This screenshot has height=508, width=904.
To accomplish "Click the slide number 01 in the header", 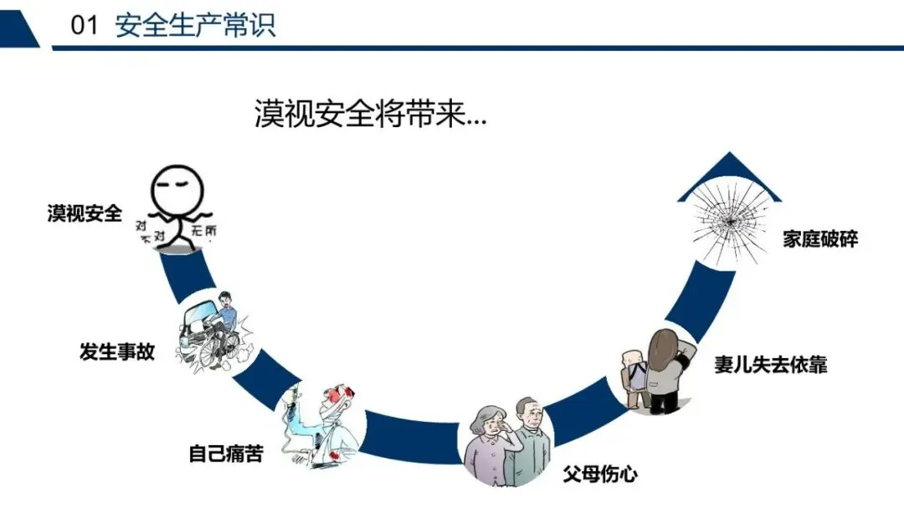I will pos(85,26).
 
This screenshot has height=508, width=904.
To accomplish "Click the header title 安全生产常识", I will pos(195,26).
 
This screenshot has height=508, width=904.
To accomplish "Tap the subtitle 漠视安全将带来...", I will pos(369,114).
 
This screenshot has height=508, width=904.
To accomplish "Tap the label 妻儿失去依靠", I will pos(770,365).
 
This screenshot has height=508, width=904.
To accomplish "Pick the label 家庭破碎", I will pos(820,239).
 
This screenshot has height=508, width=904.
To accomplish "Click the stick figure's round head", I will pos(178,192).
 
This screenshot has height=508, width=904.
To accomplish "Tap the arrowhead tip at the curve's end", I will pos(728,155).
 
